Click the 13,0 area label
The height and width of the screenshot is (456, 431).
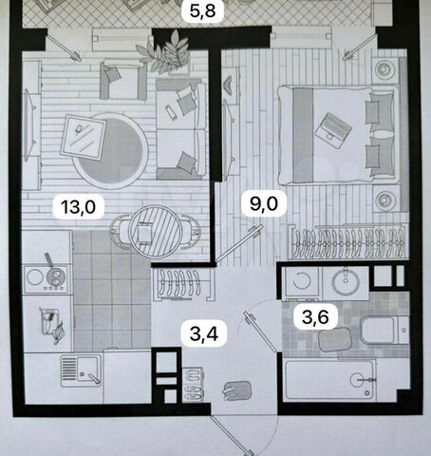point(79,207)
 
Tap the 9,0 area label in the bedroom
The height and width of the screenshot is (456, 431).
point(264,203)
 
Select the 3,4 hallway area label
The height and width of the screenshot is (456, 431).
point(204,333)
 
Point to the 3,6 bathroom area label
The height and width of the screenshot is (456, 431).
point(315,317)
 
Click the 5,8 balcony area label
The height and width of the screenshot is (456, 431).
point(203,10)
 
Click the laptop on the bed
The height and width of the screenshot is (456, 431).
point(333,130)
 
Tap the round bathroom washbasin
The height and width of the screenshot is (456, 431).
point(346,281)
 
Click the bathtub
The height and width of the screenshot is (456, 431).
point(330,379)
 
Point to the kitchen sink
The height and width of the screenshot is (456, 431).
point(82,370)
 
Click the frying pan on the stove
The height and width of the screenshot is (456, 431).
point(54,273)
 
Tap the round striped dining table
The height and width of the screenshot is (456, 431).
point(155,232)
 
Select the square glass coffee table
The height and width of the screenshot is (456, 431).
point(84,138)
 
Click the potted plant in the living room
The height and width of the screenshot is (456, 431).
point(164,52)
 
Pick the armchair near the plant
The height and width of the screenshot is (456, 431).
point(123,80)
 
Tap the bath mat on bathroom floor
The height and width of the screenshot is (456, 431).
point(335,339)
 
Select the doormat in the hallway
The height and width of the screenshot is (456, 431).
point(237,390)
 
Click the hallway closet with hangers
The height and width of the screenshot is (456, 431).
point(181,284)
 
